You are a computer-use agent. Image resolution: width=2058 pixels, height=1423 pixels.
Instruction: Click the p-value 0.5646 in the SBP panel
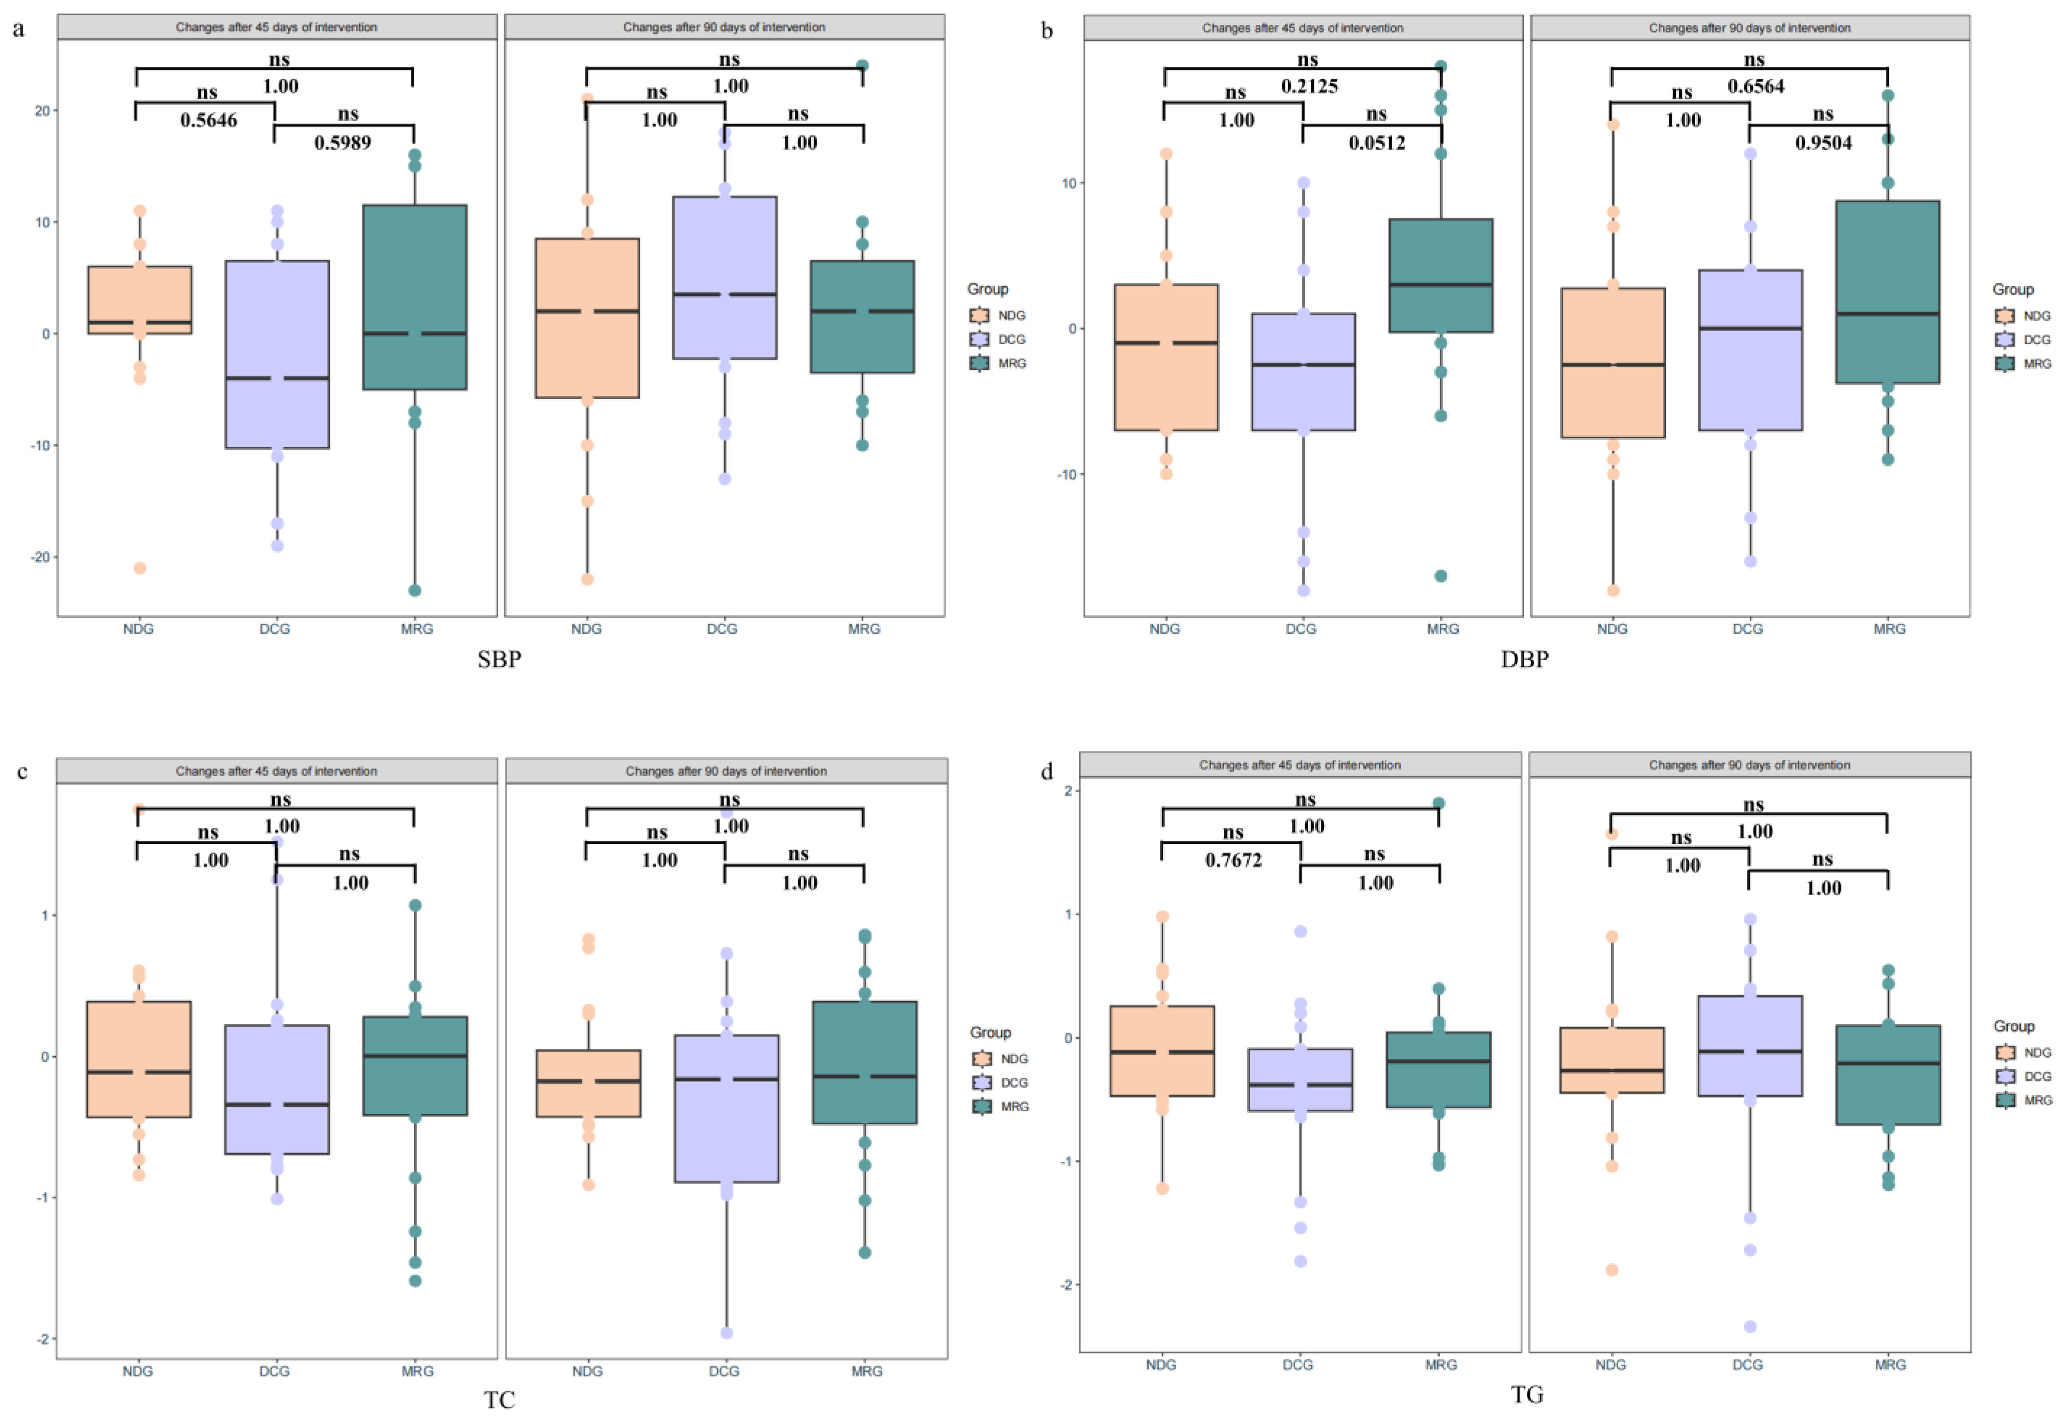click(209, 120)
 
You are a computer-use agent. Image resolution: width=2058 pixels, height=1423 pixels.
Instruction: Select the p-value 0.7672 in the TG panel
click(1233, 860)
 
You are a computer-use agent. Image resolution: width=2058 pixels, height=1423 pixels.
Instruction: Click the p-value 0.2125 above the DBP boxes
click(1309, 86)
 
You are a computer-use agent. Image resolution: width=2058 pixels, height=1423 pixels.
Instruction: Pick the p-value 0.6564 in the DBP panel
click(1755, 86)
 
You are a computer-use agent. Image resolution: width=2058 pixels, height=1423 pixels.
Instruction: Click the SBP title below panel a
click(499, 660)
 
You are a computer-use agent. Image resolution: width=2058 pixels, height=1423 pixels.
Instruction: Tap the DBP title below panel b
click(1525, 660)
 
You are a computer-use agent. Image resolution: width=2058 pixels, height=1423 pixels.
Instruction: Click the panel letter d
click(1047, 771)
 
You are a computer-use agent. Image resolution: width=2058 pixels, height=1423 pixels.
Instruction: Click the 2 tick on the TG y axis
click(1068, 791)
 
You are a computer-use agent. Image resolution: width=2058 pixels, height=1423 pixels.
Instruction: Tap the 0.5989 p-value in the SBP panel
click(342, 143)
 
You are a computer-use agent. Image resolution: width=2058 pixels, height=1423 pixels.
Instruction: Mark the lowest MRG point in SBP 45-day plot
click(415, 590)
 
